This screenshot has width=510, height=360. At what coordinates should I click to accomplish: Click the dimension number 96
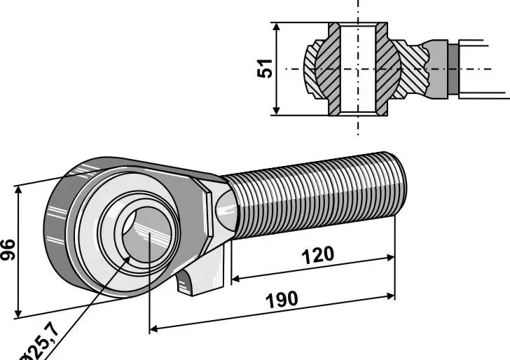click(x=8, y=250)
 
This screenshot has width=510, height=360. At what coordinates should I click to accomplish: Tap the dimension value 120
click(x=318, y=255)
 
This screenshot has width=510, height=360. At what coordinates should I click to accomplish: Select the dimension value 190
click(x=282, y=300)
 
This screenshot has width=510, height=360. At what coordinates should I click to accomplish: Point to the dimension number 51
click(x=264, y=69)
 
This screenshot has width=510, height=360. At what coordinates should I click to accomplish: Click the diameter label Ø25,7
click(x=40, y=342)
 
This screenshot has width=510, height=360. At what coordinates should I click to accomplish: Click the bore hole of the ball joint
click(x=146, y=233)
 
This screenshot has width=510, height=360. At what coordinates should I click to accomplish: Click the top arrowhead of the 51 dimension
click(x=276, y=27)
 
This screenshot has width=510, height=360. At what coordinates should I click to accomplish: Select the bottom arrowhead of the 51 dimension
click(x=276, y=111)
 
